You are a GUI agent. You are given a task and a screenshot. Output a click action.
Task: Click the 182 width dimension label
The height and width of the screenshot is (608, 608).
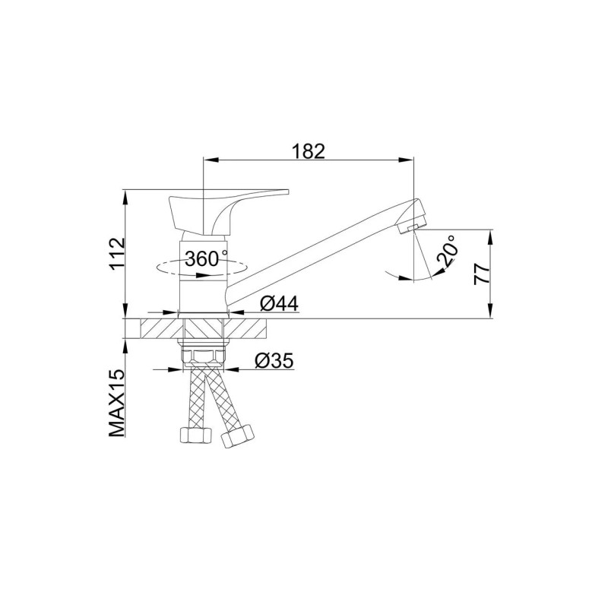309,151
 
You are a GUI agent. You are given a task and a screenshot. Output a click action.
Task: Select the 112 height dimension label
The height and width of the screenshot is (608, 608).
118,254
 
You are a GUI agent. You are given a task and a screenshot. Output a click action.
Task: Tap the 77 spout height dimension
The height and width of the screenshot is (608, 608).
482,274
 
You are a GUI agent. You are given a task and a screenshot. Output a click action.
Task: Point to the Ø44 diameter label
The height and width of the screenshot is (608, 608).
279,303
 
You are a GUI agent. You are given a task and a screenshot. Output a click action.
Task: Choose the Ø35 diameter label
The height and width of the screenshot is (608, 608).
274,361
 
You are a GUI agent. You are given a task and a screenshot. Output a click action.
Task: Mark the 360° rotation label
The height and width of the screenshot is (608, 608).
207,258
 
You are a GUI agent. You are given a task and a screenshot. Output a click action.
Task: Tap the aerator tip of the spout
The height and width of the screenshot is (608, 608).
412,225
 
